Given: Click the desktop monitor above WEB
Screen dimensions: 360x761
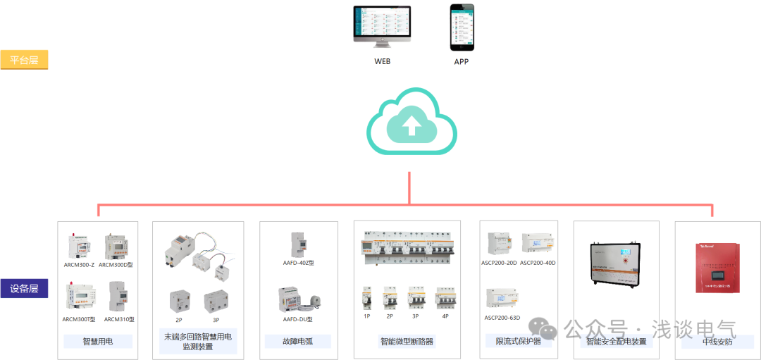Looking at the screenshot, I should point(382,28).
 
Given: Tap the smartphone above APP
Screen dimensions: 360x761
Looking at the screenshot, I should point(462,27).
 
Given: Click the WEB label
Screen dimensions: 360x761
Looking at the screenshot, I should point(382,61).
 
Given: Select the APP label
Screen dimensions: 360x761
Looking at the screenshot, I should point(462,61).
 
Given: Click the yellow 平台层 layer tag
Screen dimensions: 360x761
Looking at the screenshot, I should point(24,60).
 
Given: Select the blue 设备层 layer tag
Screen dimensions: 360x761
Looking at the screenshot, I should point(24,288).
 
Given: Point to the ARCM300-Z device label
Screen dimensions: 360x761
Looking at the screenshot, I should point(79,264).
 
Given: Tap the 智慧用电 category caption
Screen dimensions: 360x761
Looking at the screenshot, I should point(97,341).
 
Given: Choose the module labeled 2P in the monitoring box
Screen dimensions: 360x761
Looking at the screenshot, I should point(180,302).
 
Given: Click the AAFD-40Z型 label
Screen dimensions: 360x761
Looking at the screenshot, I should point(298,262).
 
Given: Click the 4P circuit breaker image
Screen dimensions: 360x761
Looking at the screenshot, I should point(445,299).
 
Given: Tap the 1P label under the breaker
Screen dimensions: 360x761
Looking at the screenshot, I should point(366,316).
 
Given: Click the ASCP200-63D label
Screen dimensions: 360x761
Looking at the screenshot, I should point(502,318).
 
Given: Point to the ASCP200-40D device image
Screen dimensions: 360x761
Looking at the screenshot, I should point(538,243).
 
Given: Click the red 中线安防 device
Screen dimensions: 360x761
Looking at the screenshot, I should point(717,267).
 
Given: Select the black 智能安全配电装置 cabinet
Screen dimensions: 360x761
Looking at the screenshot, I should point(617,263).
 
